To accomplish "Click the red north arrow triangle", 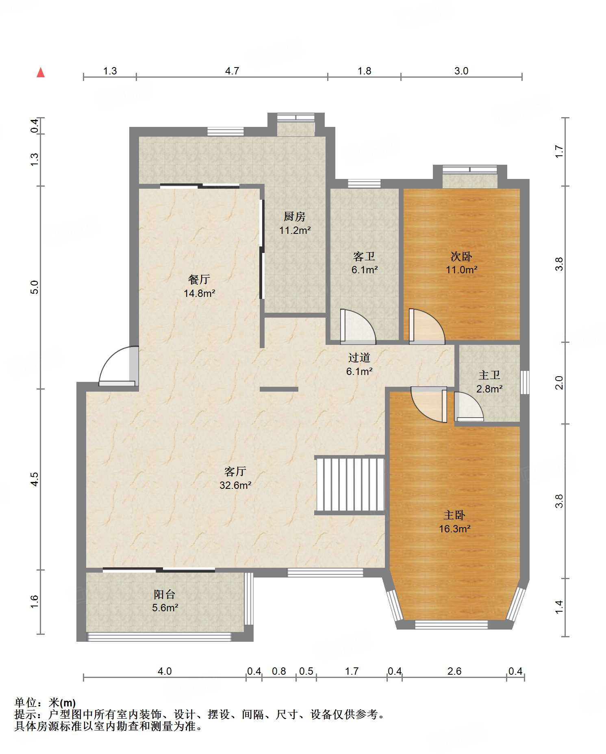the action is pyautogui.click(x=41, y=73).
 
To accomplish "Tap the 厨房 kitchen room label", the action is pyautogui.click(x=295, y=216).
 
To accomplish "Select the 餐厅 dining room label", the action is pyautogui.click(x=199, y=279).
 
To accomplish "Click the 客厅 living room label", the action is pyautogui.click(x=235, y=471).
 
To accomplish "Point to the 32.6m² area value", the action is pyautogui.click(x=235, y=485).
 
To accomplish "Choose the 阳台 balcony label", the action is pyautogui.click(x=165, y=594).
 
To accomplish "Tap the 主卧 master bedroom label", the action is pyautogui.click(x=454, y=515).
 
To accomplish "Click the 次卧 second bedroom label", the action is pyautogui.click(x=461, y=256).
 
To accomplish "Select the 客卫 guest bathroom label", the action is pyautogui.click(x=364, y=256).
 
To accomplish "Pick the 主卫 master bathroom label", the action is pyautogui.click(x=489, y=375).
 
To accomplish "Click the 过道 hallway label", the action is pyautogui.click(x=359, y=357).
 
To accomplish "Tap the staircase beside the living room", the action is pyautogui.click(x=350, y=485).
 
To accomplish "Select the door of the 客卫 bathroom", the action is pyautogui.click(x=358, y=325).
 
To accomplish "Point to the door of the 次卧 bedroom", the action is pyautogui.click(x=427, y=326).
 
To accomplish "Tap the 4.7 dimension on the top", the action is pyautogui.click(x=232, y=71).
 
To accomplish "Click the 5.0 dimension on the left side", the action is pyautogui.click(x=35, y=287).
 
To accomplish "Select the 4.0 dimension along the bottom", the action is pyautogui.click(x=165, y=671).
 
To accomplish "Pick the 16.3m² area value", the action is pyautogui.click(x=454, y=529).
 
